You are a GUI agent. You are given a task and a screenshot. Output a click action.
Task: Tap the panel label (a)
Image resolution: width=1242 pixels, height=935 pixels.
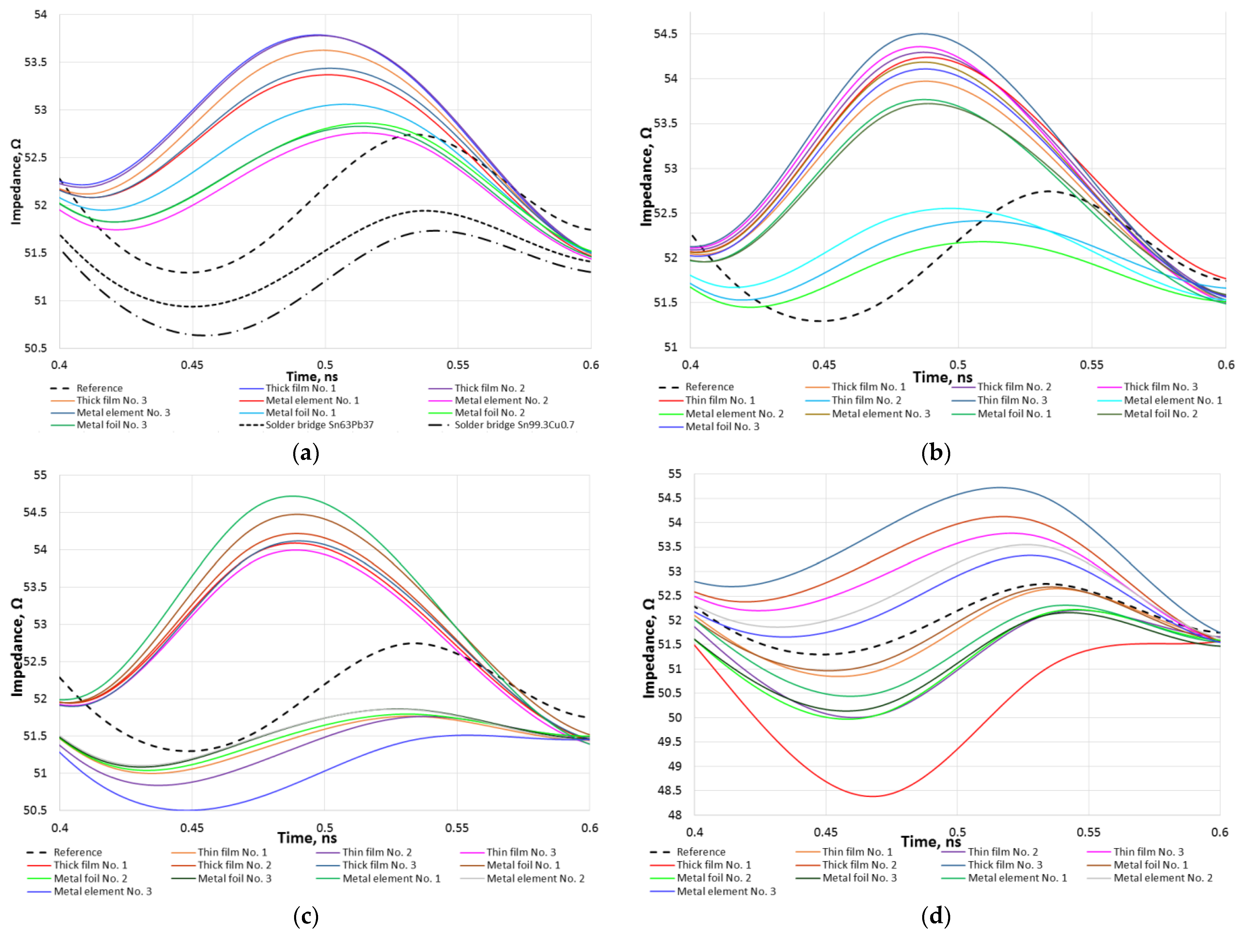[306, 452]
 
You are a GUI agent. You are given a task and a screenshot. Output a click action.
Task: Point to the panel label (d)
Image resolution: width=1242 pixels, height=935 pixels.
[935, 916]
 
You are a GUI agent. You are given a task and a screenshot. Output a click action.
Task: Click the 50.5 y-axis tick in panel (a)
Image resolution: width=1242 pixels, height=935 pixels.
[35, 348]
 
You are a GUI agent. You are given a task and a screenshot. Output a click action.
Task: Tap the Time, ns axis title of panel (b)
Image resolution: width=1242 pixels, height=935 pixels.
[942, 377]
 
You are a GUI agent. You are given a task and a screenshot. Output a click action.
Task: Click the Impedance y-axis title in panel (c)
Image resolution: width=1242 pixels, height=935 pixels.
[17, 647]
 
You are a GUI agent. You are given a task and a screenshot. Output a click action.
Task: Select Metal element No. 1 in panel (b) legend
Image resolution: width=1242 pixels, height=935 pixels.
[1172, 400]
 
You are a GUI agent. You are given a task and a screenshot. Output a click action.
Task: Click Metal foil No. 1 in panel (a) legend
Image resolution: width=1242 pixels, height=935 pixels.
[300, 413]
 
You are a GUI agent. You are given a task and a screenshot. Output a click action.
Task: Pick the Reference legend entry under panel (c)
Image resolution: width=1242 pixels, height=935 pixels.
[77, 852]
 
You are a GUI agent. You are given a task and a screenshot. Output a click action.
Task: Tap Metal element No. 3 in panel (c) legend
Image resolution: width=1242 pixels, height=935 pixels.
[102, 891]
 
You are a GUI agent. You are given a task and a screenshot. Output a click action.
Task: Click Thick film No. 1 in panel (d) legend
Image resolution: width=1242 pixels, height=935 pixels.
[713, 865]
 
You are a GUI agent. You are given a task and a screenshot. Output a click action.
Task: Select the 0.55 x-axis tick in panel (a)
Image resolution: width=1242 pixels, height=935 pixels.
[458, 365]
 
